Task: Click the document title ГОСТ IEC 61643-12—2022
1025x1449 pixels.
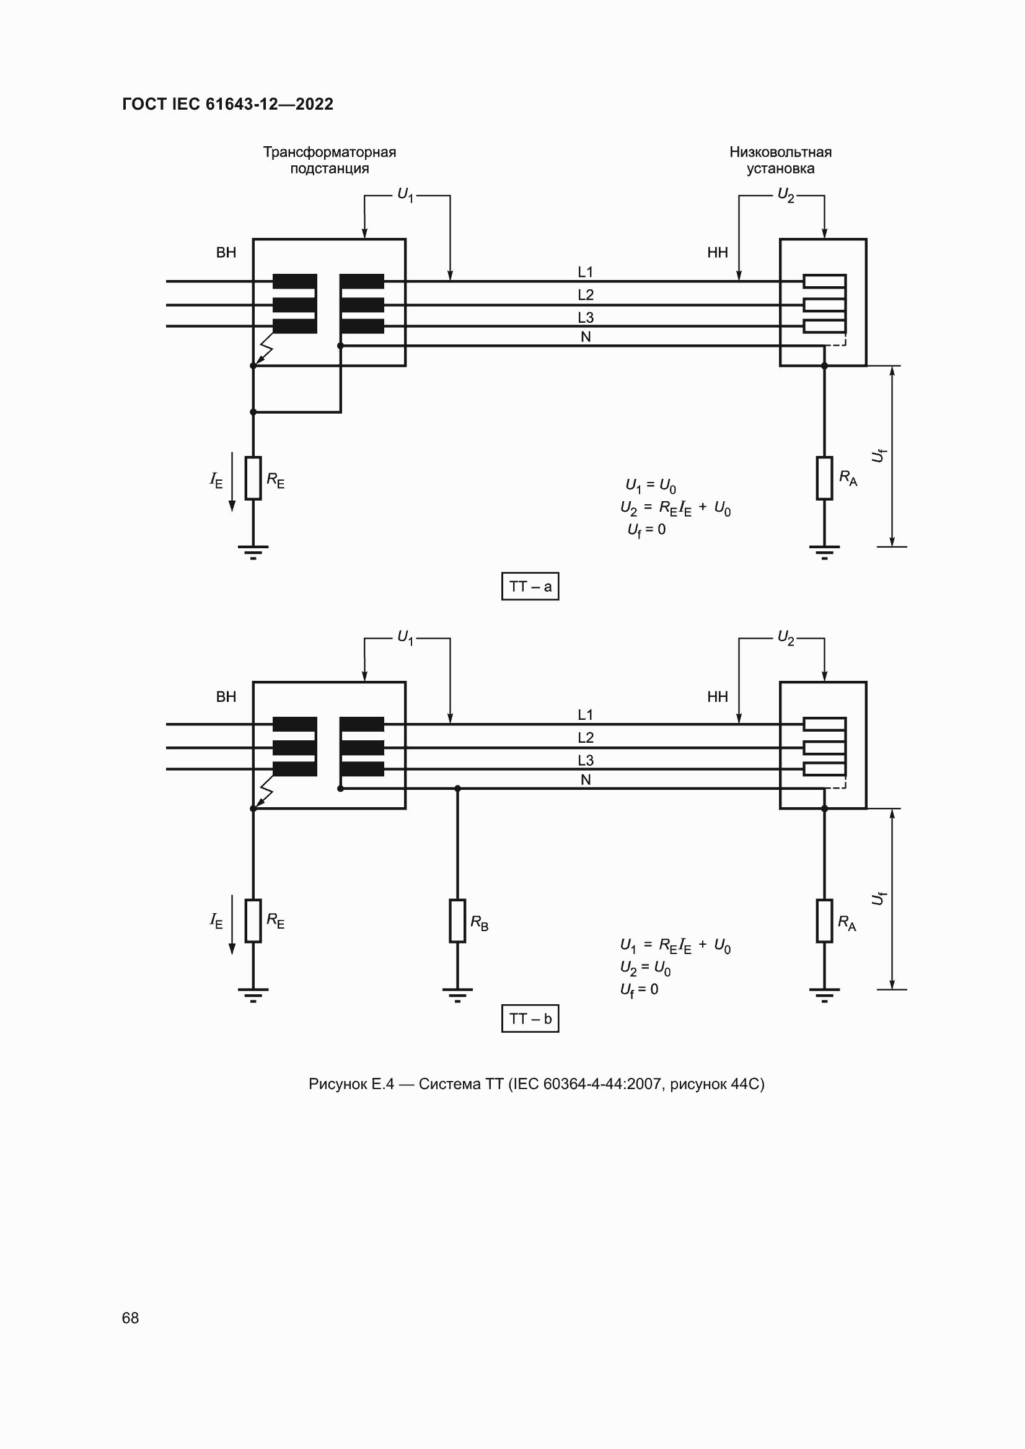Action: coord(227,104)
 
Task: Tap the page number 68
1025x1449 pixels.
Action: coord(130,1318)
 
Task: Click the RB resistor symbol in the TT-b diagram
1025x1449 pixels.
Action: coord(457,921)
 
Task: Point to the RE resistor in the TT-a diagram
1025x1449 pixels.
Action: coord(253,478)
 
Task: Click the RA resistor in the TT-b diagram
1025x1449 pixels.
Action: coord(824,921)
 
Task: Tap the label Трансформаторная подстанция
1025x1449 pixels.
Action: coord(330,160)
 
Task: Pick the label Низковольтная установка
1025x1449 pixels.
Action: coord(780,160)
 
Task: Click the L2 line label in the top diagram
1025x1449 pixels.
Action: coord(585,295)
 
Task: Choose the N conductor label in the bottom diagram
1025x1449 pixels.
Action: coord(585,780)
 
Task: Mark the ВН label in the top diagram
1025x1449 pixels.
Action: coord(226,252)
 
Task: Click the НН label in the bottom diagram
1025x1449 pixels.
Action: coord(717,697)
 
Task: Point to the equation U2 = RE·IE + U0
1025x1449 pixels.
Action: coord(675,508)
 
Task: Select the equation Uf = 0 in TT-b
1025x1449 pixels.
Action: coord(639,989)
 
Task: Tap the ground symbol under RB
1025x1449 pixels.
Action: coord(457,994)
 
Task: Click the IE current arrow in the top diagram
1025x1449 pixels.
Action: coord(232,481)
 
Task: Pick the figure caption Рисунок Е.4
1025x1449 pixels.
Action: coord(536,1084)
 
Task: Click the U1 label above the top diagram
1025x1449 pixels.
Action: coord(405,195)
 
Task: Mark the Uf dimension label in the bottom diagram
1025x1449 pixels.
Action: coord(878,898)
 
